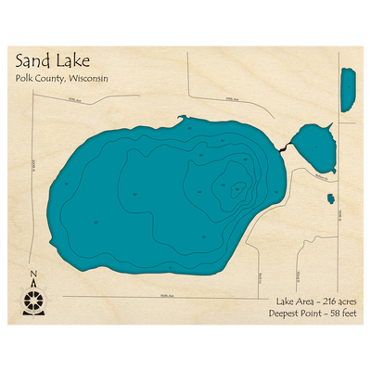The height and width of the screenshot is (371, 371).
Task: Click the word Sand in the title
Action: pos(33,62)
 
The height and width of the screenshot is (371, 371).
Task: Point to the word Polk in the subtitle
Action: pos(24,79)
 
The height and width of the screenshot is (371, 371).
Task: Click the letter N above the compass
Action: pos(34,274)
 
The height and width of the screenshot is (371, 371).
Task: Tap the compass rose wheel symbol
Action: pos(34,299)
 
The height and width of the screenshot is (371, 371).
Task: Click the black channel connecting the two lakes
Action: pos(284,146)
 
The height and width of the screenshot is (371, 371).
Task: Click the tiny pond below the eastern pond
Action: pos(330,198)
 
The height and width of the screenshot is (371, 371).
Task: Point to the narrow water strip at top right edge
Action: pos(348,88)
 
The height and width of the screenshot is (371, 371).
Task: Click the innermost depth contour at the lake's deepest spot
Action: pos(236,189)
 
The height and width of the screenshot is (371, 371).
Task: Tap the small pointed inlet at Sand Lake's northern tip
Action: pos(181,118)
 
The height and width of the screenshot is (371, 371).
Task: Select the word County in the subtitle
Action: pos(52,79)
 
